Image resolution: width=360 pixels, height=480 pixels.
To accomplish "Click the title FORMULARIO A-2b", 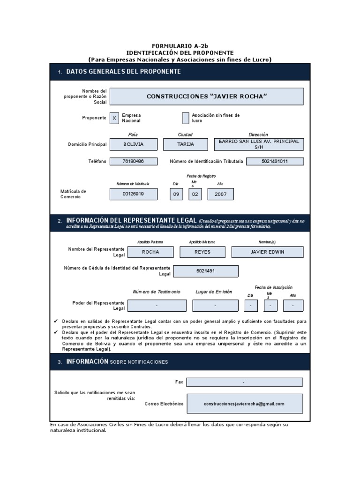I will point(180,46).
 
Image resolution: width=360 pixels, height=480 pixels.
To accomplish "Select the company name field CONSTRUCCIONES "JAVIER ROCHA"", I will point(206,96).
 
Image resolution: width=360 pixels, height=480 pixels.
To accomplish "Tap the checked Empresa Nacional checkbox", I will point(114,118).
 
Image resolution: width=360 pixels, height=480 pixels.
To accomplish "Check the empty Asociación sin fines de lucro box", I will point(186,118).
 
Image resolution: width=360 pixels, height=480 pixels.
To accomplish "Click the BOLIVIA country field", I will point(133,144).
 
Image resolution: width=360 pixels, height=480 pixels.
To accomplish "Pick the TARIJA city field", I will point(185,144).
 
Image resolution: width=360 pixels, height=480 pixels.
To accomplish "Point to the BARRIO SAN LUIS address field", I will point(258,144).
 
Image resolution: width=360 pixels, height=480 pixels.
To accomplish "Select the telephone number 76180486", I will point(133,161).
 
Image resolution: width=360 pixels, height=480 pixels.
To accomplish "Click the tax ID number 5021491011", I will point(275,161).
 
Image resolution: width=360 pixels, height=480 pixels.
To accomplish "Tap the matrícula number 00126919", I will point(133,194).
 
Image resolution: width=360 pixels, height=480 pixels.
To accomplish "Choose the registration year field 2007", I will point(220,194).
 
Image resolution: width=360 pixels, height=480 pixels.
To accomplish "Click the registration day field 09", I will point(176,194).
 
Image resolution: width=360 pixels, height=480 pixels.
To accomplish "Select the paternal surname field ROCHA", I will point(150,252).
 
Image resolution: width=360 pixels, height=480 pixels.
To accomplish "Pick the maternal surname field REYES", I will point(202,252).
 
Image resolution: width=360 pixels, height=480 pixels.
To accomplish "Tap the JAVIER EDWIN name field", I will point(267,252).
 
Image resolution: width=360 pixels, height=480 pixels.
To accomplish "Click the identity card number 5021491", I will point(206,271).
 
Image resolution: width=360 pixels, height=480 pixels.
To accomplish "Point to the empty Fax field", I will point(244,382).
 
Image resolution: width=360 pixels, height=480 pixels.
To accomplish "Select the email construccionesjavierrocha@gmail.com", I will point(244,404).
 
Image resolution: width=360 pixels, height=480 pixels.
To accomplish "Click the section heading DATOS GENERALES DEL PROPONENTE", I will point(123,72).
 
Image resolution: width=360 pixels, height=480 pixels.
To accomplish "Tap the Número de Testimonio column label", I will point(156,292).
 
